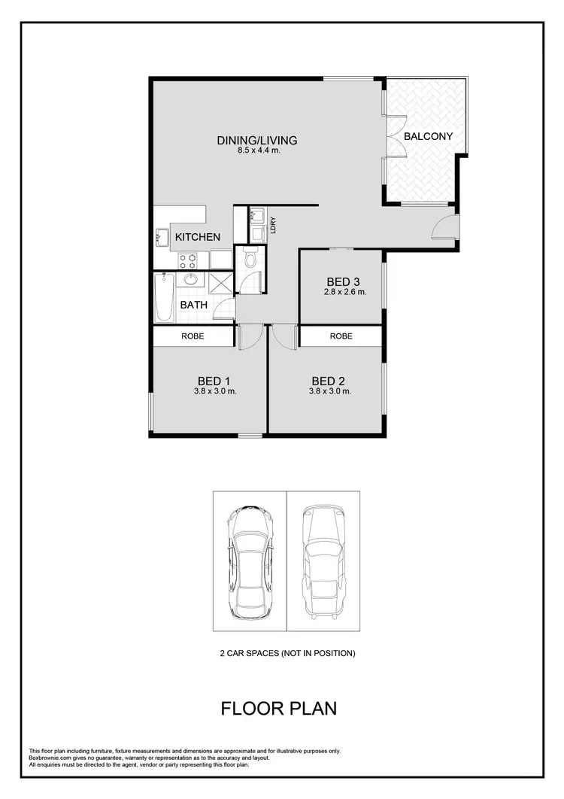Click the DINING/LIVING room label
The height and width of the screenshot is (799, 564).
coord(257,140)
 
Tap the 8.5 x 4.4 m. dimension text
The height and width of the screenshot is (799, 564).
coord(257,150)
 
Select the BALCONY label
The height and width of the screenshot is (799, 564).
coord(428,136)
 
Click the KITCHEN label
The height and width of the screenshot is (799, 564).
coord(198,237)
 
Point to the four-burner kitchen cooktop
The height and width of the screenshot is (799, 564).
coord(187,260)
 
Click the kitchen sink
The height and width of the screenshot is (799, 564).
coord(162,237)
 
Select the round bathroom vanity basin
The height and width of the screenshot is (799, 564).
coord(191,280)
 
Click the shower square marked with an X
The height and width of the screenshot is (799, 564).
coord(221,284)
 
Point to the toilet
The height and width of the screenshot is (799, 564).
coord(251,261)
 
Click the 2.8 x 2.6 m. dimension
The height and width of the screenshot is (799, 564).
coord(345,292)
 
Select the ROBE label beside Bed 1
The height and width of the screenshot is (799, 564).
coord(193,336)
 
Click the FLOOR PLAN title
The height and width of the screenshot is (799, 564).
coord(278,708)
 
